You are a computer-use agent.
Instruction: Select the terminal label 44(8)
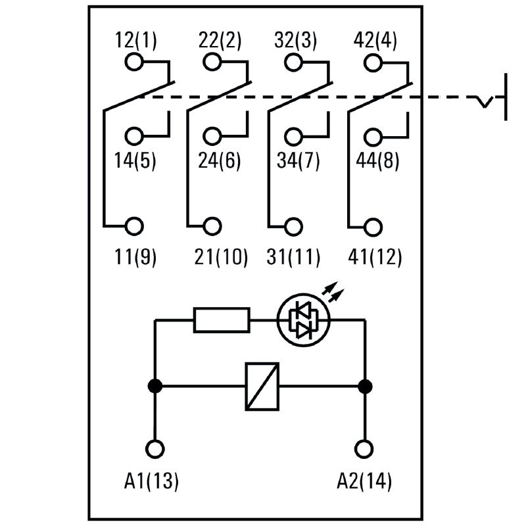pos(377,160)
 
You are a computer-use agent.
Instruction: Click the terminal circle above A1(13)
pos(155,449)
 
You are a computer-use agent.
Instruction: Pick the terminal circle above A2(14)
pos(362,449)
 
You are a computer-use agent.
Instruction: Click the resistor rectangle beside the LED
pos(222,320)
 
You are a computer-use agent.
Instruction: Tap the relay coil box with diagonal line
pos(262,386)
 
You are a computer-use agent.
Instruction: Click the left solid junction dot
pos(155,386)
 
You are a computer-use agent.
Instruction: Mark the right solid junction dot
pos(362,386)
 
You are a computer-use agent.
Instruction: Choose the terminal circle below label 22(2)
pos(212,62)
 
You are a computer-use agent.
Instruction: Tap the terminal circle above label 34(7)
pos(294,137)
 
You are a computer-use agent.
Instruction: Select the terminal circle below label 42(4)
pos(373,62)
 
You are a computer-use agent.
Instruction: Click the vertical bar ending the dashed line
pos(506,97)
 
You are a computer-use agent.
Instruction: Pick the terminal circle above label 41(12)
pos(373,226)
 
